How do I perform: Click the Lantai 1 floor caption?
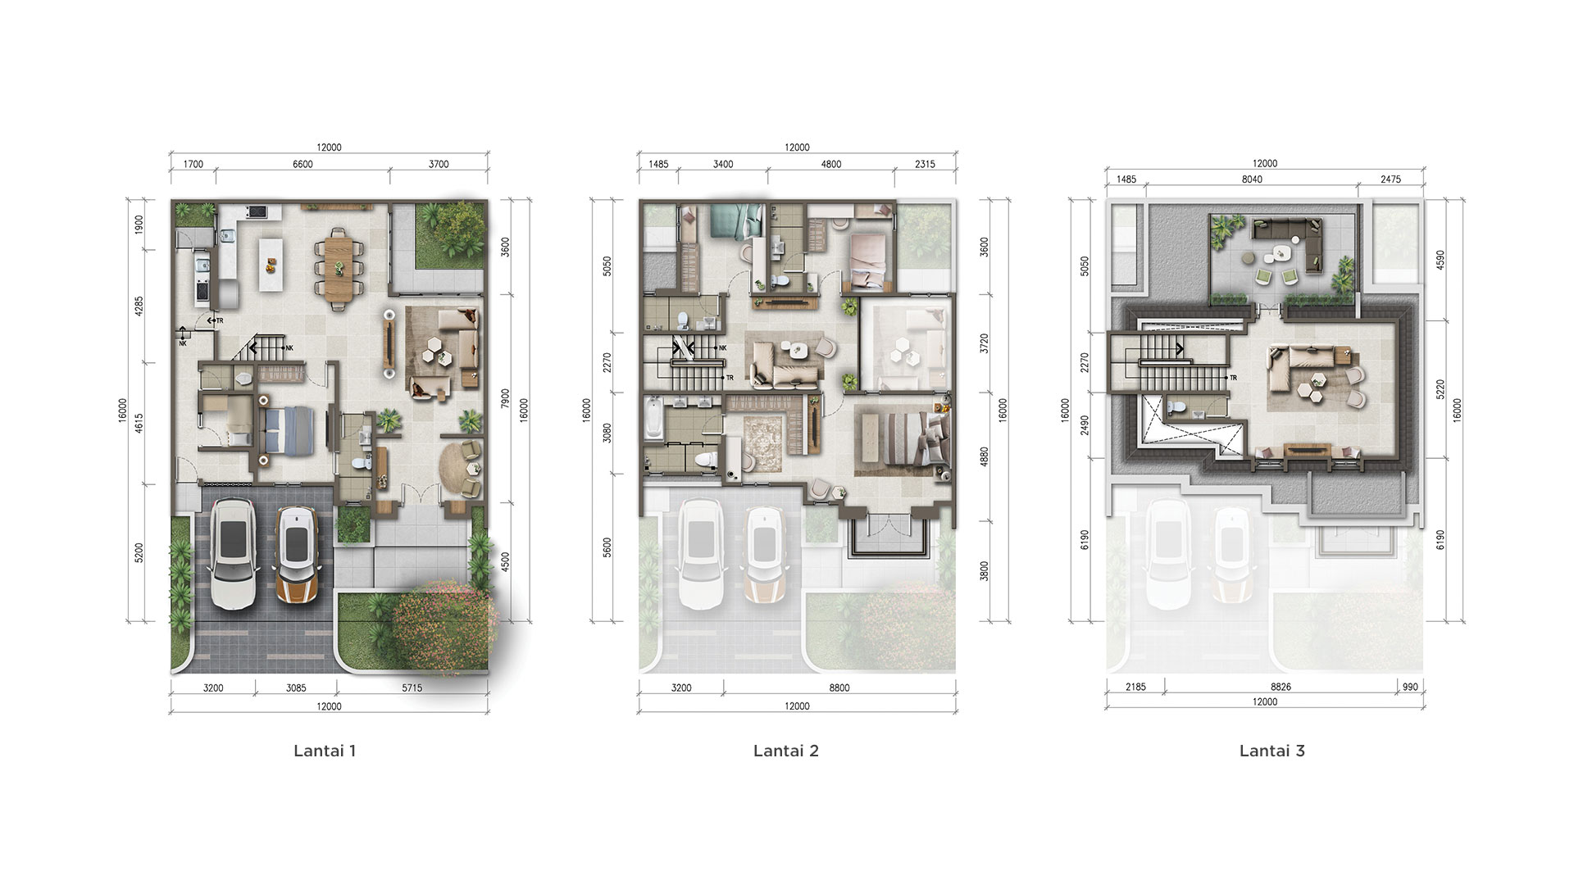pos(325,751)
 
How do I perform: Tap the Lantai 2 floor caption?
pos(786,751)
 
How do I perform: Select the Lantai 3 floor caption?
pos(1272,751)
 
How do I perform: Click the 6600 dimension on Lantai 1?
pos(303,164)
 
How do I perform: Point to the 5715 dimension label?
pos(412,688)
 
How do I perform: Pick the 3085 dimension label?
pos(296,688)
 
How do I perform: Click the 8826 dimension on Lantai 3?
pos(1281,687)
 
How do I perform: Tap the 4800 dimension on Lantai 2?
pos(831,164)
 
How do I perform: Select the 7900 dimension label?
pos(506,399)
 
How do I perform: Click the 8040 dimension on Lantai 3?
pos(1252,179)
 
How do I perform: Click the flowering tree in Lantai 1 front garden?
pos(443,627)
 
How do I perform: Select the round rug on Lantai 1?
pos(455,468)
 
